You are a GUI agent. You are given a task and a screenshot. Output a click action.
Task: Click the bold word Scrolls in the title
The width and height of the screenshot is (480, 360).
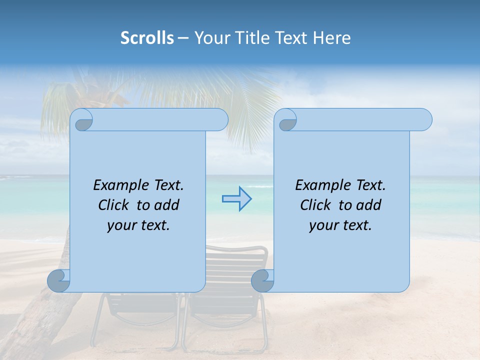(147, 38)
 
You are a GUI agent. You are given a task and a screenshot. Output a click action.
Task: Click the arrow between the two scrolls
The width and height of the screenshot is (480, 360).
(236, 199)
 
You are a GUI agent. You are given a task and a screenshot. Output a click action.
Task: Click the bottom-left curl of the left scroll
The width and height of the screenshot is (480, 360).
(58, 280)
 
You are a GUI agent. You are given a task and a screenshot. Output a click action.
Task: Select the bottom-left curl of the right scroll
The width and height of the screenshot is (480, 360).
(262, 280)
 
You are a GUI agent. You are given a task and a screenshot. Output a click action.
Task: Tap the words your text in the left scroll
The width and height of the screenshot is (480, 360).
(138, 225)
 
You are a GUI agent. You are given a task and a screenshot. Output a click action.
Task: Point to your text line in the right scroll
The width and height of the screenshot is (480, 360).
(340, 225)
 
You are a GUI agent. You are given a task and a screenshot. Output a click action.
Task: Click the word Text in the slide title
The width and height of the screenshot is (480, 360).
(291, 38)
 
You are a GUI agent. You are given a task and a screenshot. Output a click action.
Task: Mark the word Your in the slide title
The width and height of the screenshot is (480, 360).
(210, 38)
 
